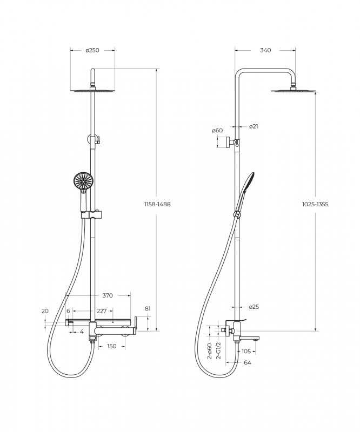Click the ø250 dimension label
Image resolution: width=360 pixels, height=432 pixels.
(x=92, y=50)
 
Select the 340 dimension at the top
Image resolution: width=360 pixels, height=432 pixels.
(x=265, y=50)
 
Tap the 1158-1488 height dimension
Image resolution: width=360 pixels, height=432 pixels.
(x=157, y=204)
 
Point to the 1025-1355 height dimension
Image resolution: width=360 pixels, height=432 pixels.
(x=315, y=204)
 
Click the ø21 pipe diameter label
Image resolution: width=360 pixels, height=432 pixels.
(x=254, y=126)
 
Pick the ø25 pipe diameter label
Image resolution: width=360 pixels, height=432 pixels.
(x=254, y=307)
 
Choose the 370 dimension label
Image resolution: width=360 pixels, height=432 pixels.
(x=108, y=295)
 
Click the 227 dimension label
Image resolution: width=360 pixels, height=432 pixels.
(x=102, y=311)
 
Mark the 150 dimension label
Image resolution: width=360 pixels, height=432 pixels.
(x=111, y=346)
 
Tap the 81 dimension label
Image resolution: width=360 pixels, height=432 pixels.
(x=148, y=308)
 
